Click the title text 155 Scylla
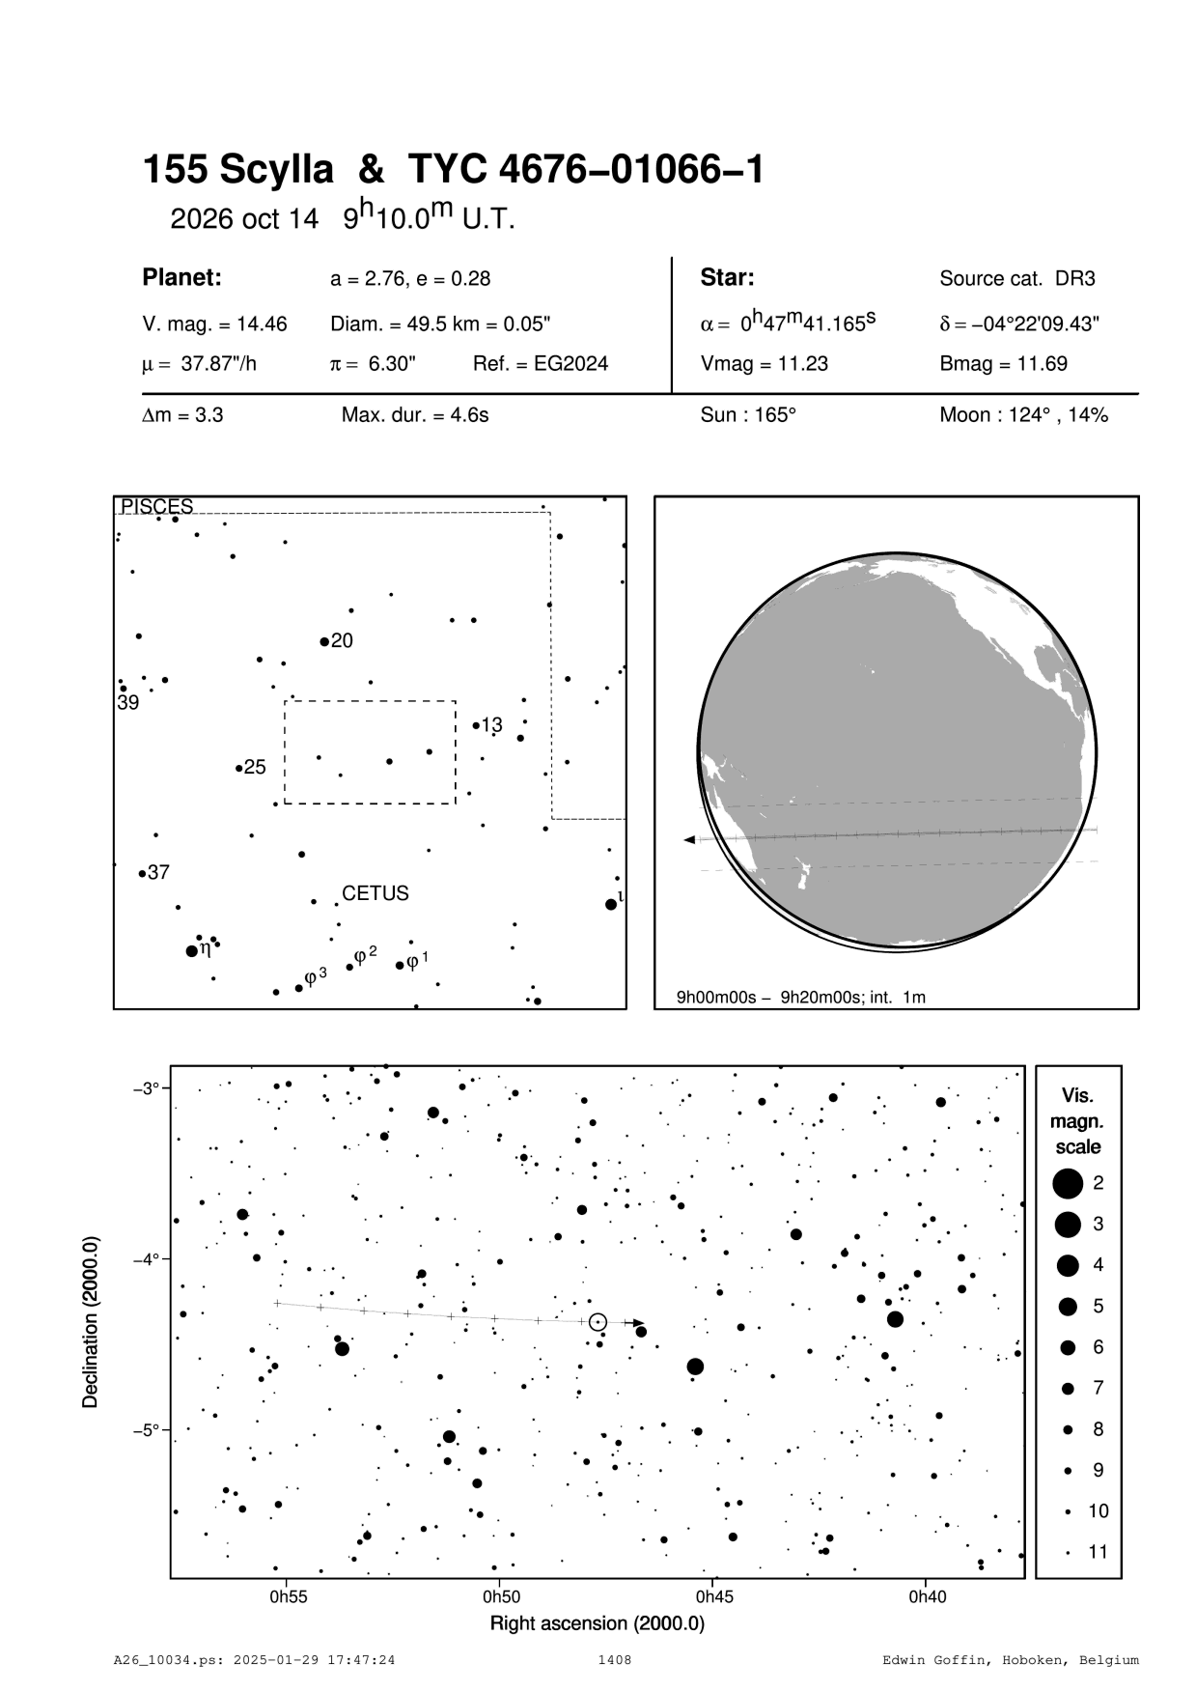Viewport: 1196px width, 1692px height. coord(238,171)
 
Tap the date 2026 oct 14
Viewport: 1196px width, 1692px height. coord(243,219)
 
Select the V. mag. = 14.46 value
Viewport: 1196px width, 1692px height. coord(214,324)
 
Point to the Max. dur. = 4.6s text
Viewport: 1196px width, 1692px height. coord(415,415)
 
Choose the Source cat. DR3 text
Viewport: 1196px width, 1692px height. coord(1016,279)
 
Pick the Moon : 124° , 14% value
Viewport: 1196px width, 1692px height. coord(1023,415)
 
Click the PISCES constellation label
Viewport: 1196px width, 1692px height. coord(156,506)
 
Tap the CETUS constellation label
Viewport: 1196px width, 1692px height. coord(375,893)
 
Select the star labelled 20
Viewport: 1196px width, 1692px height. coord(324,641)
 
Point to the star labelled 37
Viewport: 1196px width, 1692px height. coord(142,874)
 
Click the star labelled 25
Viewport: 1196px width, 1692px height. coord(238,769)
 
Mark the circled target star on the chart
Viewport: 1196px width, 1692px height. coord(598,1321)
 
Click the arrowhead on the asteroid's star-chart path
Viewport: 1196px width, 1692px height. coord(638,1323)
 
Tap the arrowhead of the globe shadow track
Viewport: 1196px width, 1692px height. coord(689,840)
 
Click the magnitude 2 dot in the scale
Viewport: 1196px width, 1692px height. coord(1068,1182)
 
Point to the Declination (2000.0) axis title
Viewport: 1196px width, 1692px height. coord(91,1322)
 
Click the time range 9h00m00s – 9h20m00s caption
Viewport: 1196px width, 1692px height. coord(800,997)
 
